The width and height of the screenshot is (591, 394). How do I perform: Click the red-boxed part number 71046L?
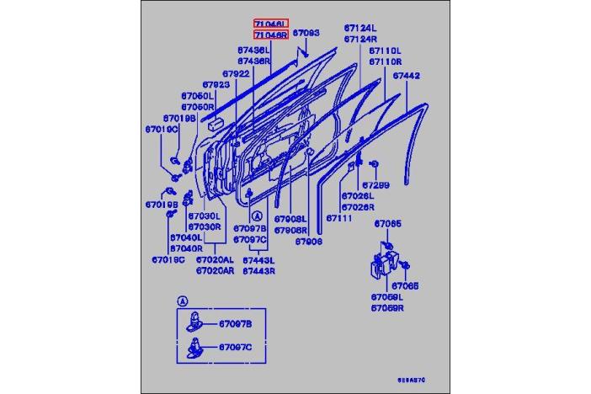pyautogui.click(x=271, y=24)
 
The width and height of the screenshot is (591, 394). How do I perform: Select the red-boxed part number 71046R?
pyautogui.click(x=271, y=35)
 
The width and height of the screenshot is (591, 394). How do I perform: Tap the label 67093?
pyautogui.click(x=306, y=33)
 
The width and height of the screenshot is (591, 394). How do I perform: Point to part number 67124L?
pyautogui.click(x=360, y=29)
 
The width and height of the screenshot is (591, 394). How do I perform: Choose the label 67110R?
pyautogui.click(x=385, y=62)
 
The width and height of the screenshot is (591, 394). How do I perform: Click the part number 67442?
pyautogui.click(x=407, y=76)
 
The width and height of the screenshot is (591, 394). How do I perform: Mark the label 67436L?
pyautogui.click(x=253, y=51)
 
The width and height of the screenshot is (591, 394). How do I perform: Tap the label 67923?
pyautogui.click(x=216, y=85)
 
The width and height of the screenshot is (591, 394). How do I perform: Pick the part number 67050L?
pyautogui.click(x=197, y=97)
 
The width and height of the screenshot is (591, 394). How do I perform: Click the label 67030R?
pyautogui.click(x=204, y=226)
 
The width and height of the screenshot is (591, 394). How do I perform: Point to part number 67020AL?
pyautogui.click(x=214, y=260)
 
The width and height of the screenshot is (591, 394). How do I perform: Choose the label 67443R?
pyautogui.click(x=259, y=271)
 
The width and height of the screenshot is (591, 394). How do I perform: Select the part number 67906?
pyautogui.click(x=308, y=241)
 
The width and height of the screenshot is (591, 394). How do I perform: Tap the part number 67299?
pyautogui.click(x=375, y=184)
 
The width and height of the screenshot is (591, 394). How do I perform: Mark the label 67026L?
pyautogui.click(x=358, y=196)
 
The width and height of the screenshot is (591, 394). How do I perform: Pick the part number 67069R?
pyautogui.click(x=388, y=309)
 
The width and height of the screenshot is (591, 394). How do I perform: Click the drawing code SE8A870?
pyautogui.click(x=412, y=381)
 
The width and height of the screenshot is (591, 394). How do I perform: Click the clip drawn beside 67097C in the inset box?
pyautogui.click(x=194, y=346)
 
